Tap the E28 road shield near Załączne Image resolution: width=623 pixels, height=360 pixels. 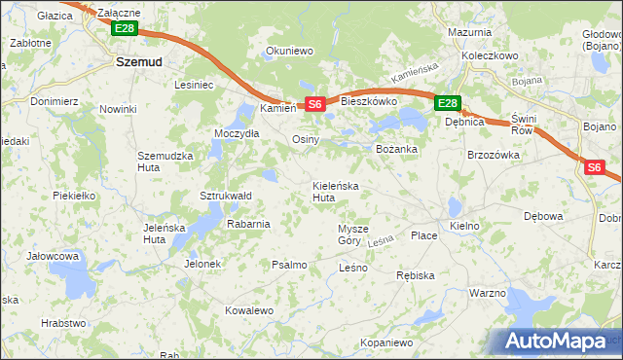[124, 29]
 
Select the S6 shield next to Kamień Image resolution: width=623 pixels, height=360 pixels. [313, 104]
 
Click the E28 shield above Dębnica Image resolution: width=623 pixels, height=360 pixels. [447, 103]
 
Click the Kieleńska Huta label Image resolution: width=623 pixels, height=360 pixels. [336, 191]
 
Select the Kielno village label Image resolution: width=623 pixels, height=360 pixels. [464, 226]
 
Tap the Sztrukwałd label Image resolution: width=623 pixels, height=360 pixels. [226, 196]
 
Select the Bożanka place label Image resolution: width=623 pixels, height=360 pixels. [396, 149]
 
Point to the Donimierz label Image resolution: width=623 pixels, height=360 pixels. [53, 100]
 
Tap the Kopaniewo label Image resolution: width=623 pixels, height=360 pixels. [386, 342]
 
